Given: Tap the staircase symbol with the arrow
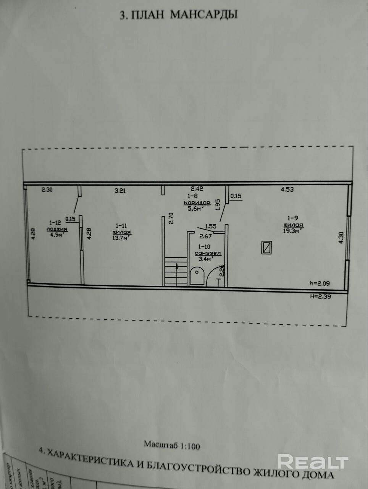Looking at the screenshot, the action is [176, 271].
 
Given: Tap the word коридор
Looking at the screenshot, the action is [197, 202].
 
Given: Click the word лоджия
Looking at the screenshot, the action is [57, 229].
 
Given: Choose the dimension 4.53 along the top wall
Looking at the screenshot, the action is [287, 189].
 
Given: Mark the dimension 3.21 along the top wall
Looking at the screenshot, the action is [120, 191].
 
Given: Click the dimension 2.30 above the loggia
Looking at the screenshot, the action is [47, 189].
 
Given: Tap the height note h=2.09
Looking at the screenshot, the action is [319, 283].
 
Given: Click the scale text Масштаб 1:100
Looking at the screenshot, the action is [172, 445].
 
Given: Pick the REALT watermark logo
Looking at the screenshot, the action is [313, 462].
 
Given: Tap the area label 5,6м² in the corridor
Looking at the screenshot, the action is [195, 209].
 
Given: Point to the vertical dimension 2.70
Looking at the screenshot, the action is [171, 218].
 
